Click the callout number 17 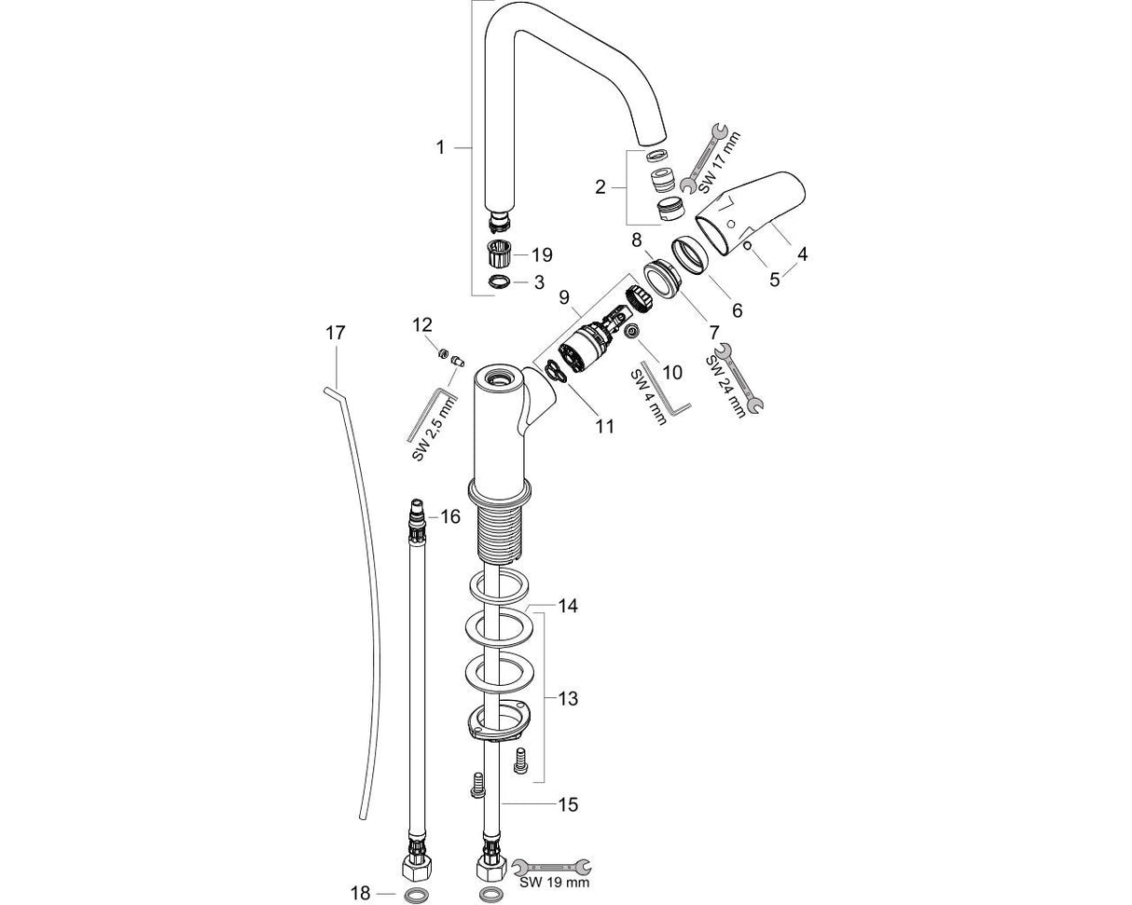335,333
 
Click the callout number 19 542,254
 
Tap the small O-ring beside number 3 500,281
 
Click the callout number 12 422,324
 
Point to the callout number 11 605,426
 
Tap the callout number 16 450,516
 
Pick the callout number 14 568,606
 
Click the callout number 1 440,147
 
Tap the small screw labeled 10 632,332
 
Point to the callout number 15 568,803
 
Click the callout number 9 563,297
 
